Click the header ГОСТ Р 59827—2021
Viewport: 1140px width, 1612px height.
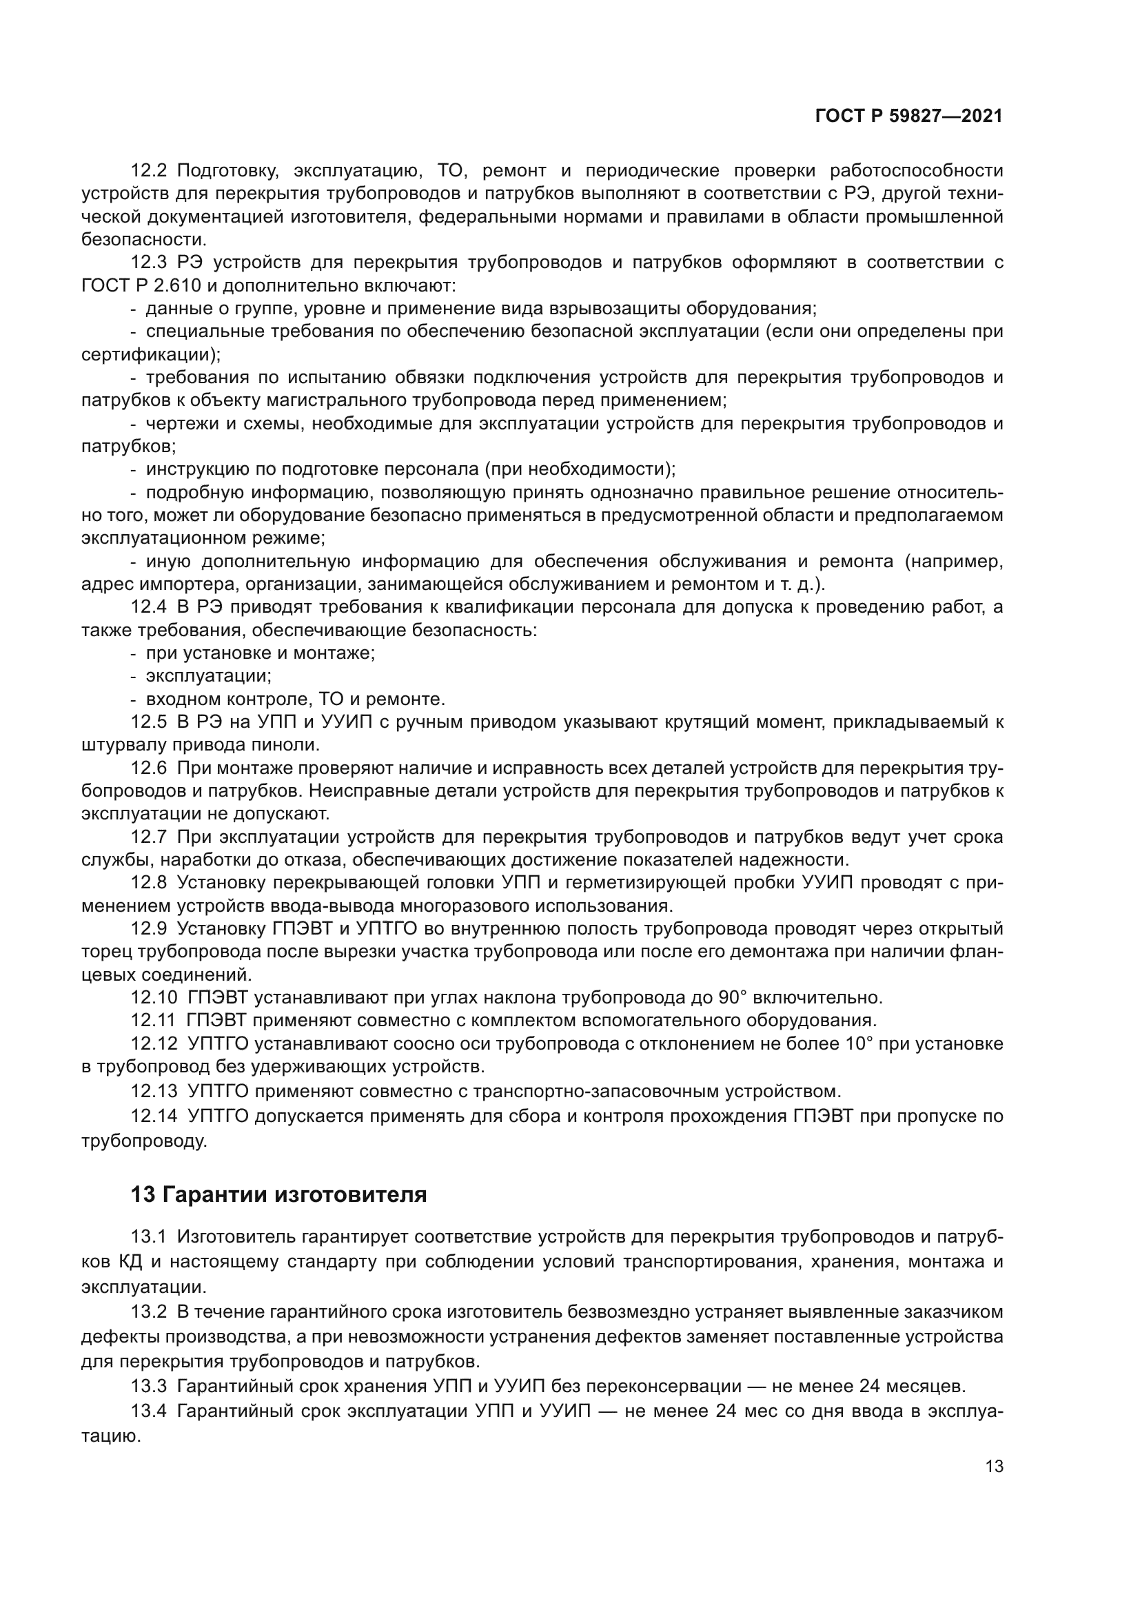point(908,116)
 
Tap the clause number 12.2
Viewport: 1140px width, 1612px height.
point(148,171)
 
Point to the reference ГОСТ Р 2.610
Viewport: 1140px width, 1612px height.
point(141,286)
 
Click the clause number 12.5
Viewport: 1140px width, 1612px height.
point(148,722)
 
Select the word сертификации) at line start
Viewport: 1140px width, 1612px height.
point(150,354)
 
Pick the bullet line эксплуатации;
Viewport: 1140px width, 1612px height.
point(208,676)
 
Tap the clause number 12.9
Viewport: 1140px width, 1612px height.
point(148,929)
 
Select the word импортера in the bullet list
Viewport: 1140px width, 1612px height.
point(186,584)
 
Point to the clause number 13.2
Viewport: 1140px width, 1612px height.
point(148,1312)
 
